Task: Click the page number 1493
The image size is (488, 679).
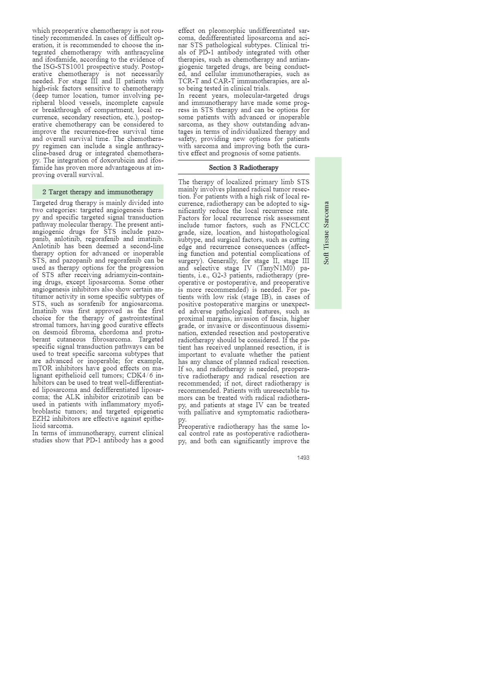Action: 303,458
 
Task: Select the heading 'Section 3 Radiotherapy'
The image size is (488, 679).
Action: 244,168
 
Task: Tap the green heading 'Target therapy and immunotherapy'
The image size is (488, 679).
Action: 98,192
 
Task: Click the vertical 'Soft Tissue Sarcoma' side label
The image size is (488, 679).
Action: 327,233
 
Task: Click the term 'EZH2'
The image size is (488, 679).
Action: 41,419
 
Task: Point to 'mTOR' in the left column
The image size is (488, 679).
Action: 42,368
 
